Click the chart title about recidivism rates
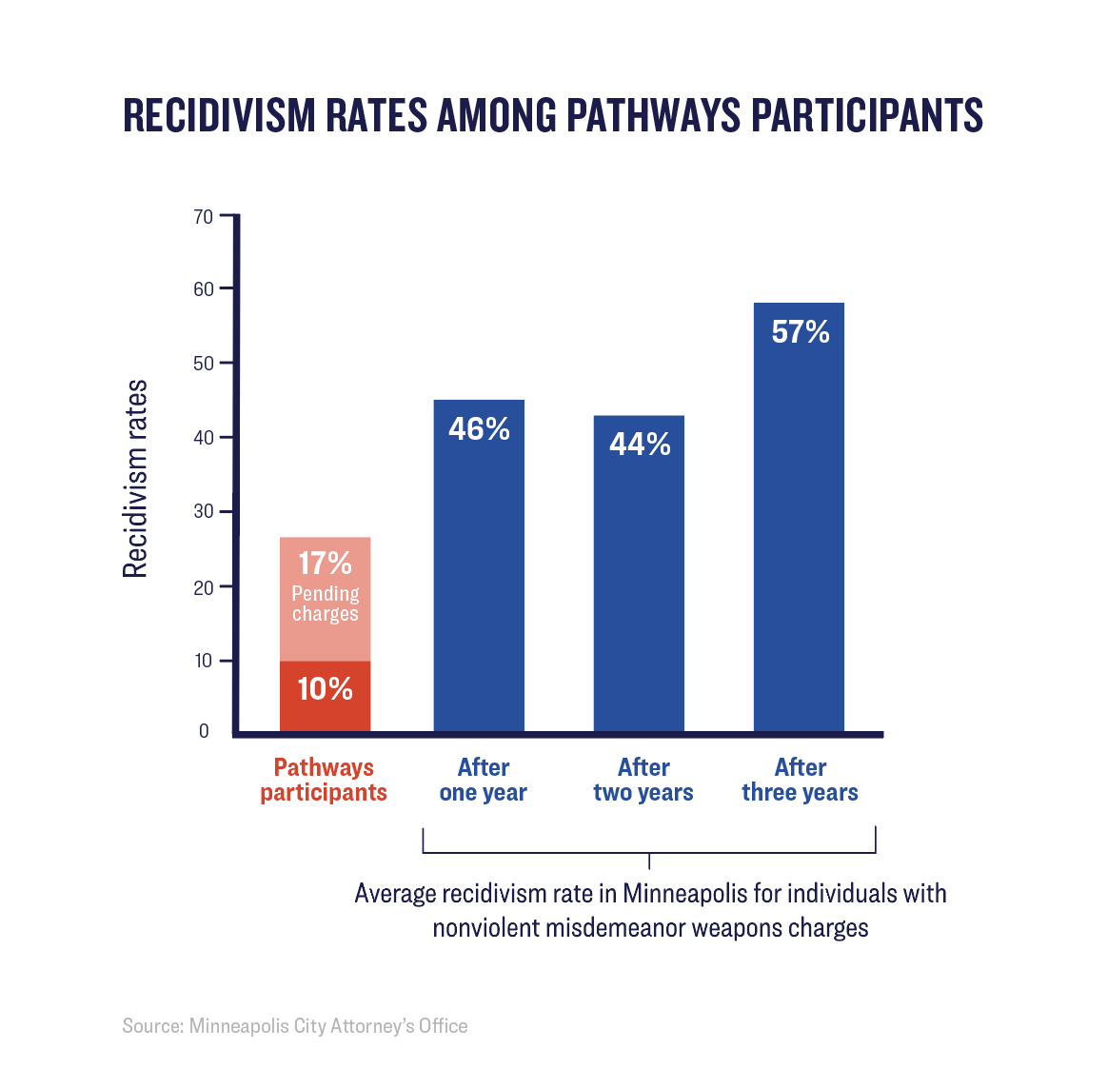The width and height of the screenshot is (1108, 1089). pyautogui.click(x=553, y=115)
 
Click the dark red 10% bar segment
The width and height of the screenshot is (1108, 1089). pyautogui.click(x=325, y=696)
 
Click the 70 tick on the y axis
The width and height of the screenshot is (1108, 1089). pyautogui.click(x=204, y=217)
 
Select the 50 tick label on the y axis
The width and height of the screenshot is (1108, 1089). pyautogui.click(x=204, y=364)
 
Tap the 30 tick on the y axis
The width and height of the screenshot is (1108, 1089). pyautogui.click(x=204, y=512)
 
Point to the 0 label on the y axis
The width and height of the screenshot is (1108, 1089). pyautogui.click(x=204, y=731)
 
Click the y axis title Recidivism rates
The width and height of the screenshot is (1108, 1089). pyautogui.click(x=135, y=479)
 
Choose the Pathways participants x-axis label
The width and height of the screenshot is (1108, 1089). pyautogui.click(x=324, y=780)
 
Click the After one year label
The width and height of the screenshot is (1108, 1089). pyautogui.click(x=484, y=780)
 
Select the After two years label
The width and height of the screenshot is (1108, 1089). pyautogui.click(x=643, y=780)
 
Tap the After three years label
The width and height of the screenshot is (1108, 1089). pyautogui.click(x=801, y=780)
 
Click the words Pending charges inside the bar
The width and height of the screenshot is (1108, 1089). pyautogui.click(x=326, y=604)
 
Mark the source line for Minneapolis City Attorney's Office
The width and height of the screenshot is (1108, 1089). pyautogui.click(x=295, y=1026)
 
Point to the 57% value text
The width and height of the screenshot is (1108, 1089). pyautogui.click(x=801, y=332)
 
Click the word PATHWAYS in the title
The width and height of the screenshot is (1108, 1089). pyautogui.click(x=653, y=115)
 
